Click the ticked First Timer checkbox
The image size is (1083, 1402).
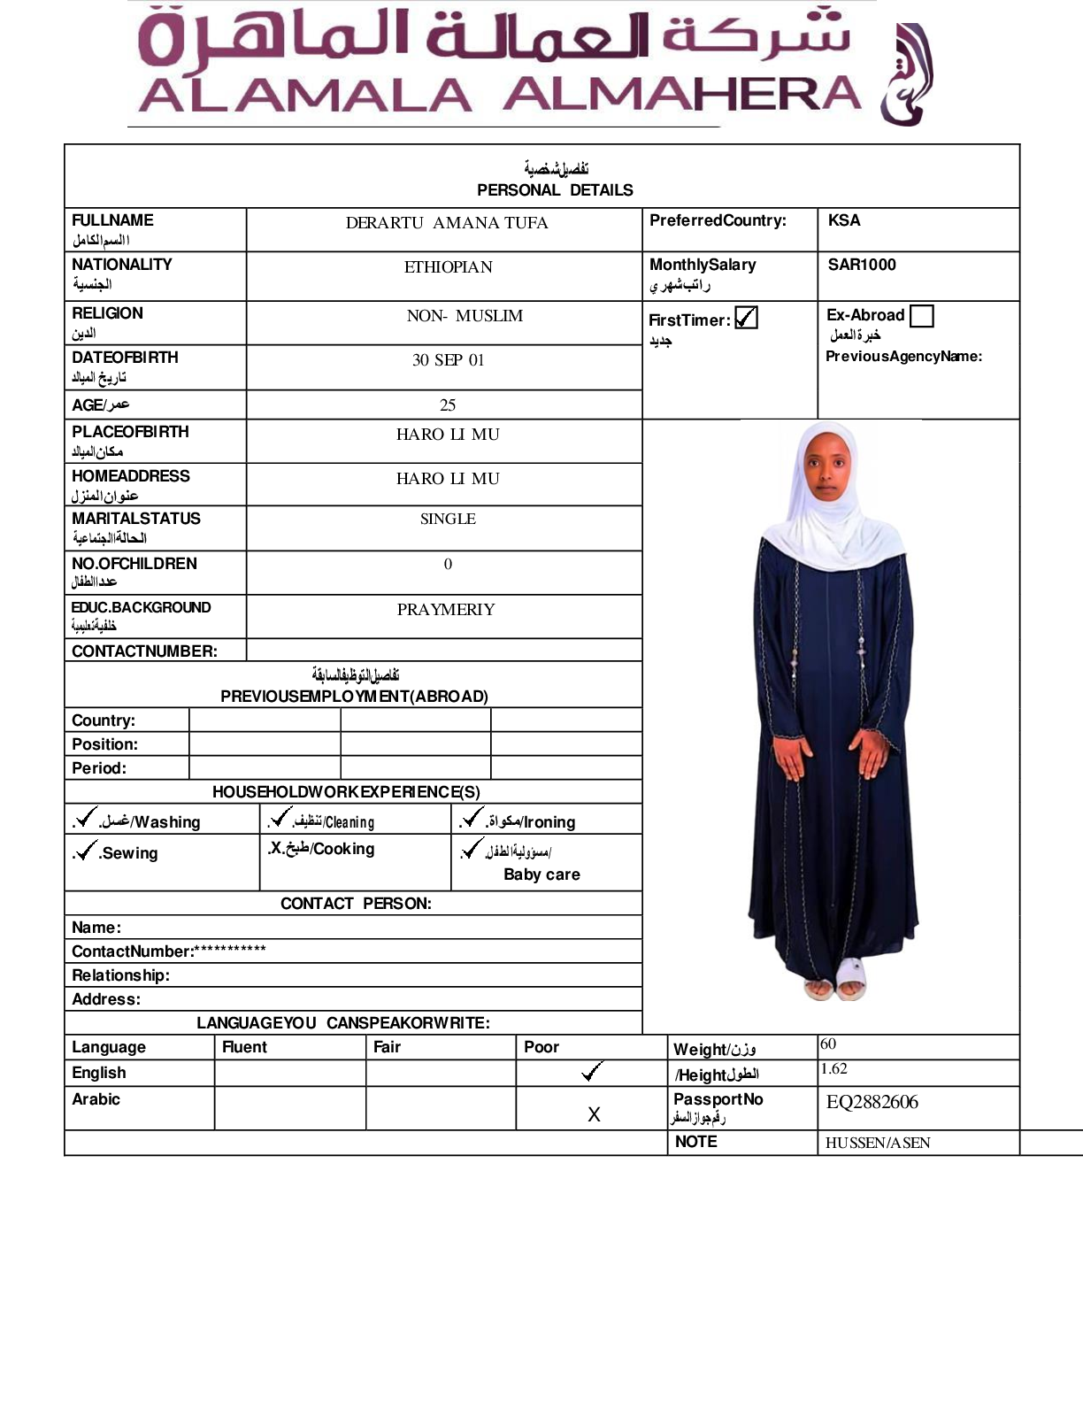tap(746, 318)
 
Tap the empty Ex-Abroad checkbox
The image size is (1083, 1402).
tap(921, 316)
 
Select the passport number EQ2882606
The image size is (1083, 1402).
tap(872, 1102)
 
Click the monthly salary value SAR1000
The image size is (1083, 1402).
tap(862, 265)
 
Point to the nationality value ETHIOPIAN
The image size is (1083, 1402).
tap(448, 267)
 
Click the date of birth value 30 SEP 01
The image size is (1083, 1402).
tap(448, 360)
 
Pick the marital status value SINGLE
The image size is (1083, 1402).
tap(448, 519)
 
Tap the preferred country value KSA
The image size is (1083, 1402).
tap(844, 220)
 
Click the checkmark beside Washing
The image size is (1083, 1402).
tap(86, 817)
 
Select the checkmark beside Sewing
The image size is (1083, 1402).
tap(86, 851)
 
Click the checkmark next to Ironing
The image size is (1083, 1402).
tap(472, 817)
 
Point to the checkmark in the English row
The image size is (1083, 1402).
tap(592, 1072)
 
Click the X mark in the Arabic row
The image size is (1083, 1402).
tap(594, 1114)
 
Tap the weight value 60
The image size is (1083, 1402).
tap(828, 1044)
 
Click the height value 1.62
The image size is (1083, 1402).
tap(833, 1069)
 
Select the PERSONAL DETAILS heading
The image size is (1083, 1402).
tap(555, 190)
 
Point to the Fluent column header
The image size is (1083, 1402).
tap(244, 1047)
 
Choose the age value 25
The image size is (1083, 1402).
tap(448, 405)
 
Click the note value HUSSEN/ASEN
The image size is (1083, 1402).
tap(878, 1143)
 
